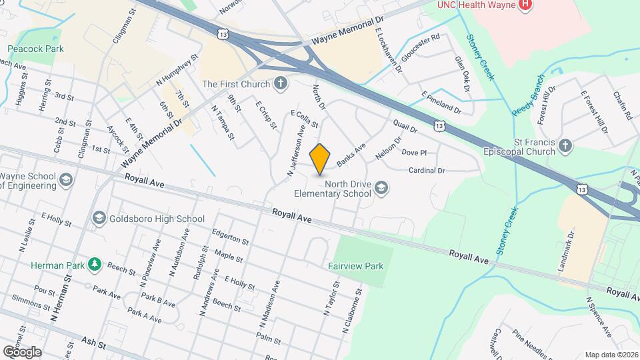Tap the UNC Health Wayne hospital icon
[526, 5]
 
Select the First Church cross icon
[281, 84]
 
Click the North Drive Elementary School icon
[381, 188]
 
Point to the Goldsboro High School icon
[99, 218]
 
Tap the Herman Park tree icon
[95, 265]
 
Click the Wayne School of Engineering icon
[65, 180]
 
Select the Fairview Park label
[355, 266]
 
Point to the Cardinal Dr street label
[426, 171]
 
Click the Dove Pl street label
[414, 152]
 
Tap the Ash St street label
[94, 343]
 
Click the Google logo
[22, 351]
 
